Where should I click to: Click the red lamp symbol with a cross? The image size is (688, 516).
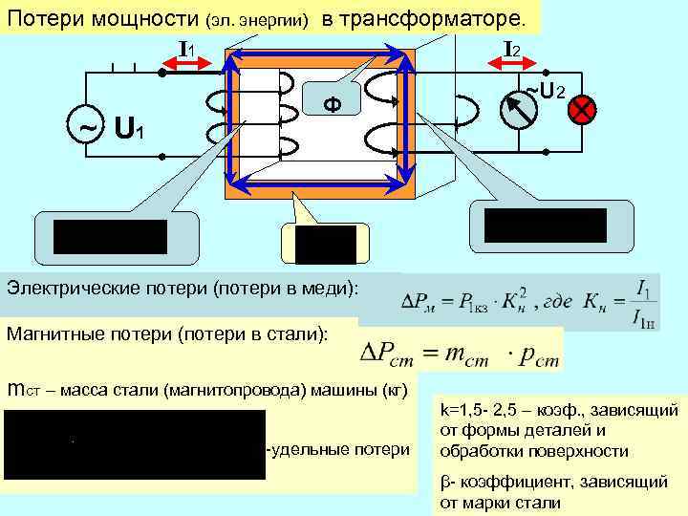tap(580, 111)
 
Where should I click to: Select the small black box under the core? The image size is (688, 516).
tap(326, 245)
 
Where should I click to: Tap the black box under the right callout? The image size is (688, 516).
tap(545, 225)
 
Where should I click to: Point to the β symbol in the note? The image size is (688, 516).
tap(444, 484)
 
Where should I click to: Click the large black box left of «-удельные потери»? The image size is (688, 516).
tap(134, 444)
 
